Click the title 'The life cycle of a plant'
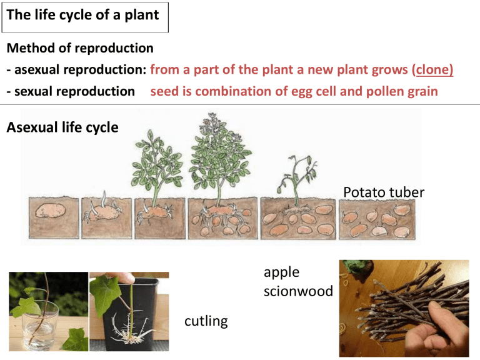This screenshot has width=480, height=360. coord(83,16)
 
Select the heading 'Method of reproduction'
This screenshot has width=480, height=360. coord(79,48)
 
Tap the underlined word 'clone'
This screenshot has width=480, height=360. coord(431,69)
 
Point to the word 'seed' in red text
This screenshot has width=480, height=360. coord(164,91)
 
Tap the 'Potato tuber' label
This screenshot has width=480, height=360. coord(384,192)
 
